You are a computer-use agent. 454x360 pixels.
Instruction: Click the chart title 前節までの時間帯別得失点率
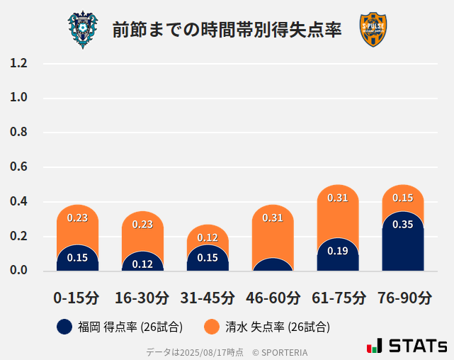[x=227, y=30]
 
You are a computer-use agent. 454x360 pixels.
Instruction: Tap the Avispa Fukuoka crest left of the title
[x=83, y=30]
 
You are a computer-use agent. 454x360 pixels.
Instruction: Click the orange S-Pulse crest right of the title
[x=373, y=30]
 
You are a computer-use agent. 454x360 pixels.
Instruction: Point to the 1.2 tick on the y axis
[x=18, y=64]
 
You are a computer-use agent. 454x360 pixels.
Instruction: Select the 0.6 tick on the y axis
[x=18, y=167]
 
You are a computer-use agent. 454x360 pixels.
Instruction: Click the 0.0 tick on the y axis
[x=18, y=271]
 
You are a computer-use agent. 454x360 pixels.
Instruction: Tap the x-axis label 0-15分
[x=76, y=298]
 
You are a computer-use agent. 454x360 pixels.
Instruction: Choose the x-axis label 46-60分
[x=273, y=298]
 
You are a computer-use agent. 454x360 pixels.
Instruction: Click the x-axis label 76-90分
[x=402, y=298]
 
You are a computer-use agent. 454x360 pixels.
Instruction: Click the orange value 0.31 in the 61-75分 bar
[x=338, y=198]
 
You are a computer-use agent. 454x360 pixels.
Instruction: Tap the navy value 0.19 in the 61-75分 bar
[x=338, y=251]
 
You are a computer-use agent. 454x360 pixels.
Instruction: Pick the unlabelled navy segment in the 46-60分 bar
[x=273, y=265]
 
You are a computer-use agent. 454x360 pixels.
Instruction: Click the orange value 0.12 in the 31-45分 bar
[x=208, y=237]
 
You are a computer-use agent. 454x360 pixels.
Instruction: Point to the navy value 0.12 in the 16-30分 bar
[x=142, y=264]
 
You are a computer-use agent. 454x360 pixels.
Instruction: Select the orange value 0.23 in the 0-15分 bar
[x=77, y=218]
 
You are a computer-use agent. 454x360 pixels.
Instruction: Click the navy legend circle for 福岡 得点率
[x=64, y=327]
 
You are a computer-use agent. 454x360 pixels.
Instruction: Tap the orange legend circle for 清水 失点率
[x=211, y=327]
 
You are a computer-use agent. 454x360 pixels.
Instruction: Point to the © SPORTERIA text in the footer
[x=280, y=352]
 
